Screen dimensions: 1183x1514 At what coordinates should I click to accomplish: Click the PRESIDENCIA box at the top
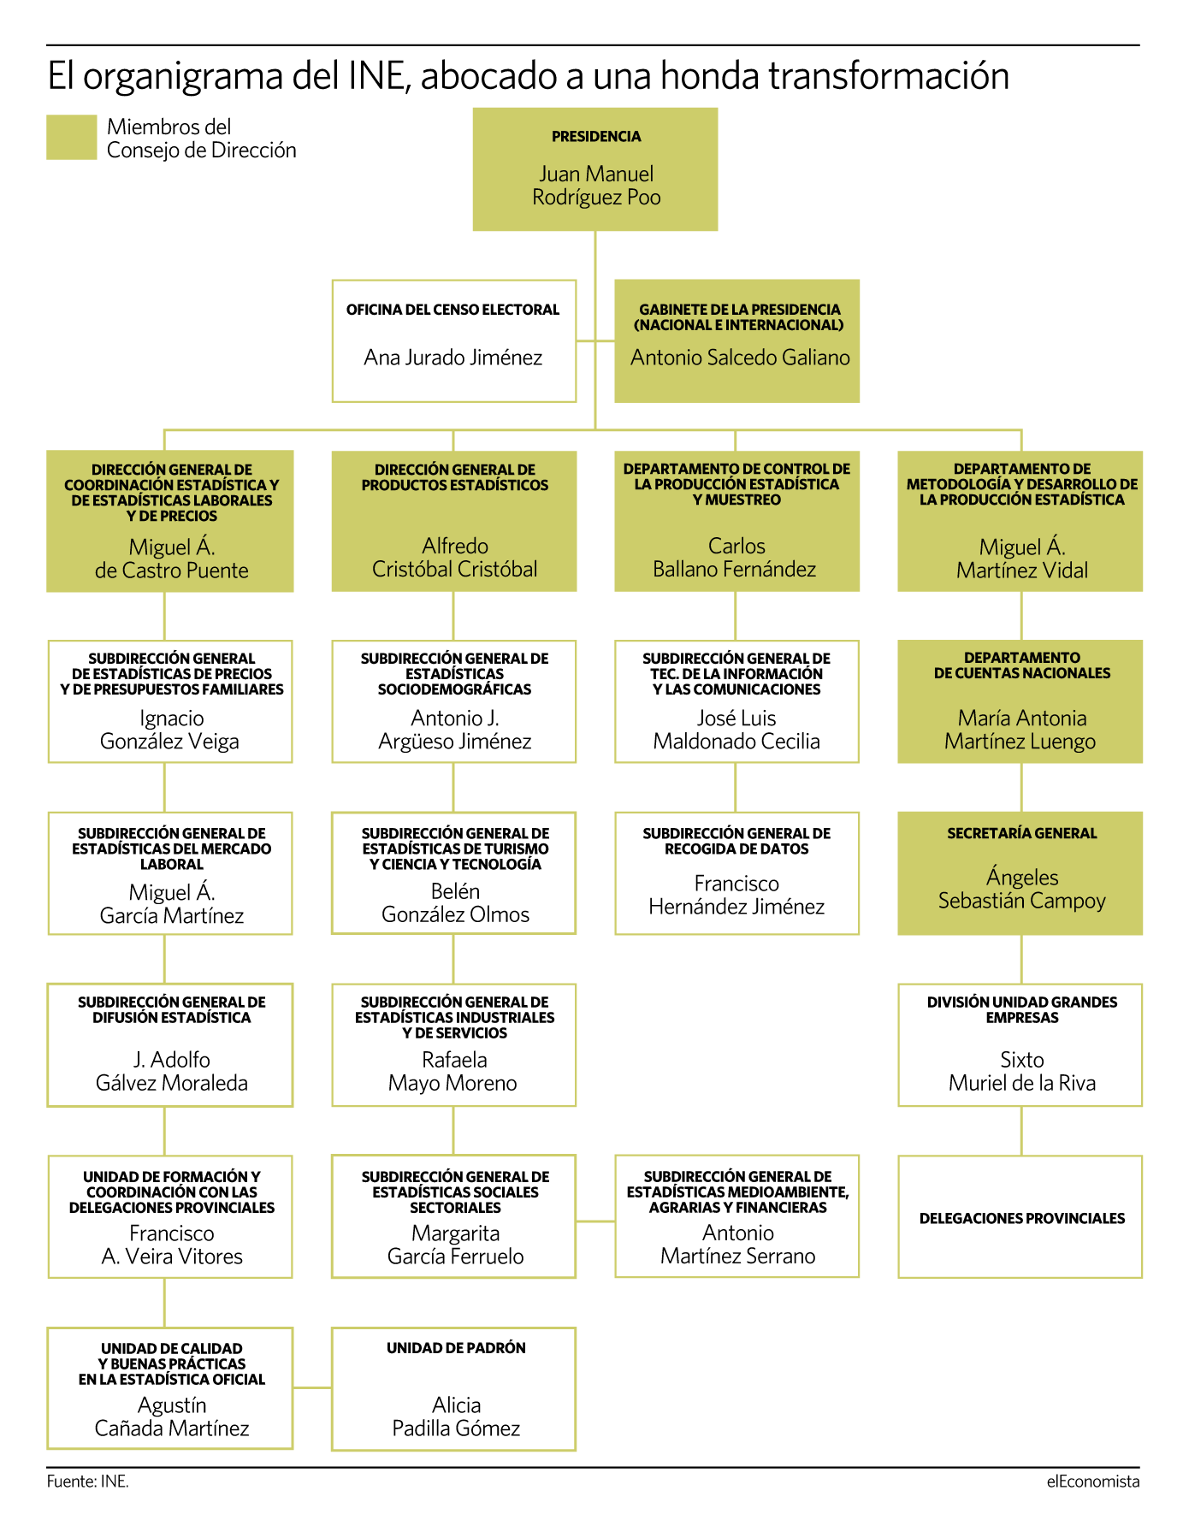[595, 169]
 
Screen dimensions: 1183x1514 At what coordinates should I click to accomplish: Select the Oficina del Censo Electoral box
[454, 340]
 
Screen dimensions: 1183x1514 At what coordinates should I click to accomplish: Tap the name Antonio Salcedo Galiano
[740, 358]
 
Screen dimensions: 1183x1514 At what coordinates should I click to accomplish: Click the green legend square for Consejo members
[72, 138]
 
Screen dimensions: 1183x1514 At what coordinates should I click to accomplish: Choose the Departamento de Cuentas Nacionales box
[1020, 701]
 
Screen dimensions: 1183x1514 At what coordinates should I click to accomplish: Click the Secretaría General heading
[1021, 833]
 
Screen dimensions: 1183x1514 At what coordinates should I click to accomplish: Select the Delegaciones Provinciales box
[1020, 1217]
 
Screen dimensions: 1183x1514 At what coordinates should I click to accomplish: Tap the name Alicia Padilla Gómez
[456, 1416]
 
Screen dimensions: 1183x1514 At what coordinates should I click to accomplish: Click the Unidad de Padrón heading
[456, 1348]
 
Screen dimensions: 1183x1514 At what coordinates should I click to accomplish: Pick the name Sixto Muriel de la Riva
[1021, 1072]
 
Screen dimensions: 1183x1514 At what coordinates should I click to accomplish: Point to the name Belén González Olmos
[455, 903]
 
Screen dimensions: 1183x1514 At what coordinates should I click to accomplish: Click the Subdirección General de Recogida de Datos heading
[736, 841]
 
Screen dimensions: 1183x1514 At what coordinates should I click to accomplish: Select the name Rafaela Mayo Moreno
[453, 1072]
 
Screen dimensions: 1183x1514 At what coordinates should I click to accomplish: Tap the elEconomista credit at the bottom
[1093, 1481]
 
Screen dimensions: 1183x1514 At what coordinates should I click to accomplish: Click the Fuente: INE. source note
[88, 1481]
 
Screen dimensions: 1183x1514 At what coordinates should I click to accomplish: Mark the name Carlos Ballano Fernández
[736, 558]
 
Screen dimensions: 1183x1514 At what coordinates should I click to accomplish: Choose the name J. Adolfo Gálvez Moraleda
[172, 1072]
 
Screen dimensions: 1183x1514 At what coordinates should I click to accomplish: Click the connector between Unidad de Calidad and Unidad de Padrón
[312, 1387]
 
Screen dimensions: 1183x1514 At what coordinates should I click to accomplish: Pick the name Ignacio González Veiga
[170, 730]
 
